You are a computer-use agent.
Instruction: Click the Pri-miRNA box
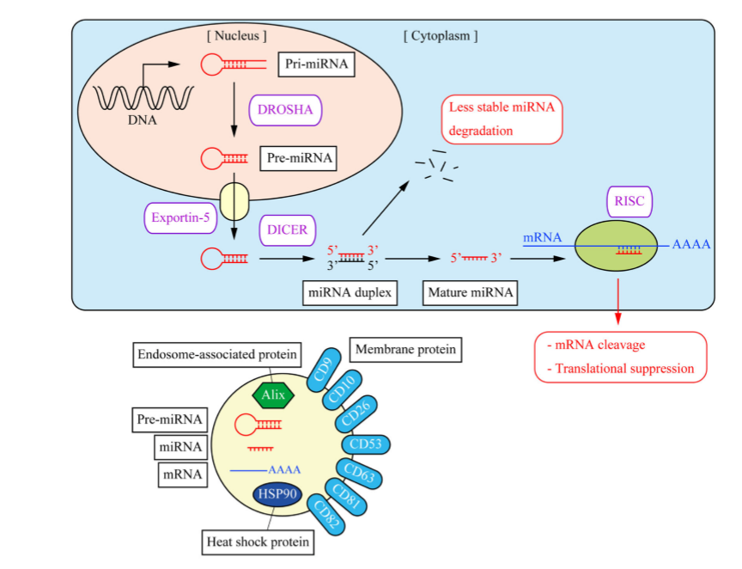[x=316, y=64]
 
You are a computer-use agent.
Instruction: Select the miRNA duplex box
[x=350, y=293]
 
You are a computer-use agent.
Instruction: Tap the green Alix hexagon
[x=274, y=395]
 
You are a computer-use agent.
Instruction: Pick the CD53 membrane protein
[x=366, y=444]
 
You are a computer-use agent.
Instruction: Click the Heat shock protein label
[x=258, y=542]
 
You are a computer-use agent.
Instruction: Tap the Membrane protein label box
[x=405, y=349]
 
